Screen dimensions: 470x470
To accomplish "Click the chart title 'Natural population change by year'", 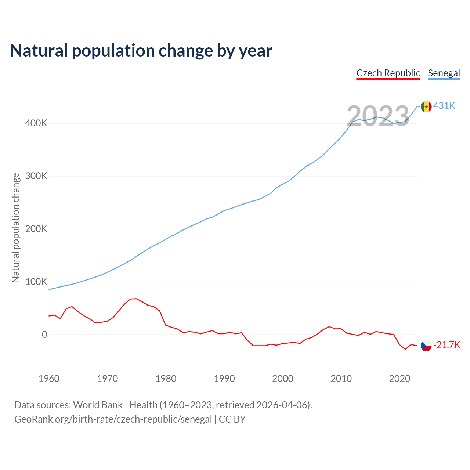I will [x=141, y=51].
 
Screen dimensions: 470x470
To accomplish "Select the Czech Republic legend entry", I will [x=388, y=73].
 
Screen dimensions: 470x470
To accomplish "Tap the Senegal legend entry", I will [x=444, y=73].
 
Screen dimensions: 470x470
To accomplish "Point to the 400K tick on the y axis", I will [x=36, y=123].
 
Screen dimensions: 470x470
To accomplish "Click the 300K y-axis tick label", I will [x=36, y=176].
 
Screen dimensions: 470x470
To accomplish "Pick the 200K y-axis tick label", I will [x=36, y=229].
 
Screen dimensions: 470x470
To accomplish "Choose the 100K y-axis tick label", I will [x=36, y=282].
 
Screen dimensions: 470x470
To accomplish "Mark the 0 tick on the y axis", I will [x=44, y=335].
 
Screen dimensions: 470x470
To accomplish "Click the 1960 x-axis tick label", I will [x=49, y=379].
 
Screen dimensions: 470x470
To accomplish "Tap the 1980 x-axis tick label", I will [x=166, y=379].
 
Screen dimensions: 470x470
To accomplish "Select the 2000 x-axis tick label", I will [x=283, y=379].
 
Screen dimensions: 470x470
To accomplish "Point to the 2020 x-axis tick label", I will [x=399, y=379].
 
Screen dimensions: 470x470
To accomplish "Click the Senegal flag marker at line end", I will [x=426, y=106].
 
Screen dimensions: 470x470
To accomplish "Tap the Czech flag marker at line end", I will [x=426, y=346].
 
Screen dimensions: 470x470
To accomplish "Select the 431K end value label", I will [x=444, y=106].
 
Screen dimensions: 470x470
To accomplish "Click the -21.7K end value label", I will [x=447, y=345].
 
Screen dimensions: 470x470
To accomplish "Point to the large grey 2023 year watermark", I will [x=378, y=116].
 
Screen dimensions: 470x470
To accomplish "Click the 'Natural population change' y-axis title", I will [x=15, y=228].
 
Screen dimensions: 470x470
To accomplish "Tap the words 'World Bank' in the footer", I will [x=98, y=405].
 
